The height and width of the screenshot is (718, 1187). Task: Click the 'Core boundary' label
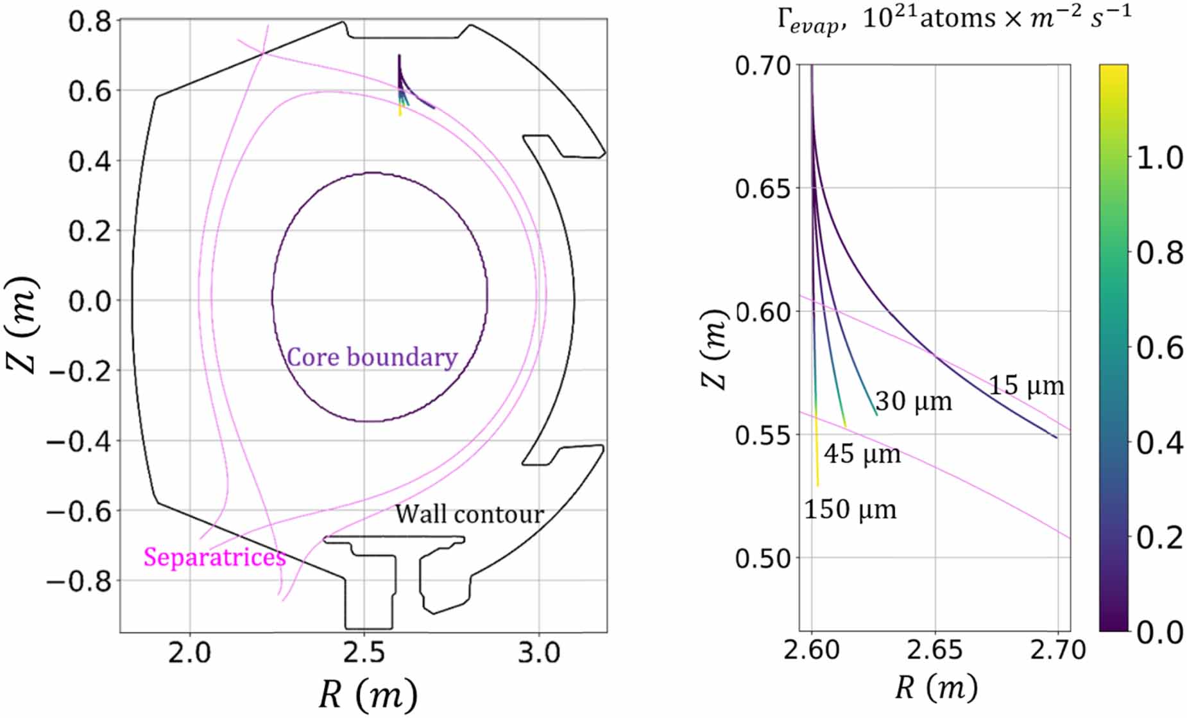(371, 358)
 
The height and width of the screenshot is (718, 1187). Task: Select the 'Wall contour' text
(469, 514)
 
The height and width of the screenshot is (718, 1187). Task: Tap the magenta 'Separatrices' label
(214, 557)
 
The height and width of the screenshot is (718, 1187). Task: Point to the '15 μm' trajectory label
(1026, 386)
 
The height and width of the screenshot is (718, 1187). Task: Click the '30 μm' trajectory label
(914, 401)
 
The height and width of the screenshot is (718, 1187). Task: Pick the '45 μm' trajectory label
(862, 454)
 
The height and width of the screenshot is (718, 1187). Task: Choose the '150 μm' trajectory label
(850, 509)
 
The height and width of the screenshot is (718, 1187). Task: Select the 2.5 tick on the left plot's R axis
(364, 653)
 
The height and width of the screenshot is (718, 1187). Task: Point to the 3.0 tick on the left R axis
(538, 653)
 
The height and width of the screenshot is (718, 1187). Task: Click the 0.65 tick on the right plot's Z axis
(763, 189)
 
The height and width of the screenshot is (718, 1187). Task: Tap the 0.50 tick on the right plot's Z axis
(763, 559)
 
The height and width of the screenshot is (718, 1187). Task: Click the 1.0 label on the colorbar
(1159, 158)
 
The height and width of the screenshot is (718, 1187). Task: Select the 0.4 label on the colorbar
(1159, 442)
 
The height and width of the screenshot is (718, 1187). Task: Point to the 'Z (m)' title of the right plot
(713, 350)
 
